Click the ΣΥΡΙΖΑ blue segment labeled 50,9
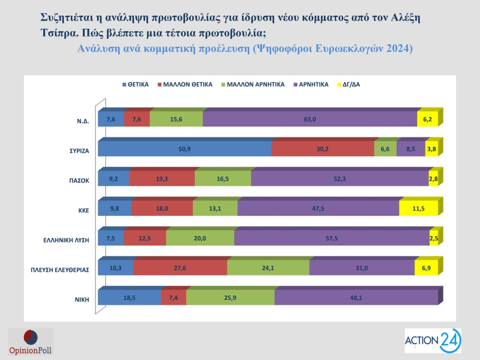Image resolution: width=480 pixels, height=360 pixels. pyautogui.click(x=184, y=149)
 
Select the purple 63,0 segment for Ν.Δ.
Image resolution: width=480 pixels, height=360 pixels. pyautogui.click(x=310, y=119)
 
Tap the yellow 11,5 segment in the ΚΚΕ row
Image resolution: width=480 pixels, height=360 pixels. pyautogui.click(x=418, y=208)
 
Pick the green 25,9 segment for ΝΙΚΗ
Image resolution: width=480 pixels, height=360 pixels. pyautogui.click(x=230, y=297)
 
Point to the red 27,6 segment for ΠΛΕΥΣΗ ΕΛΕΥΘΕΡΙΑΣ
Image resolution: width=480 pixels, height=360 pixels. pyautogui.click(x=180, y=268)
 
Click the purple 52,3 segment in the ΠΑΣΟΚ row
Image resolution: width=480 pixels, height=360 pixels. pyautogui.click(x=340, y=178)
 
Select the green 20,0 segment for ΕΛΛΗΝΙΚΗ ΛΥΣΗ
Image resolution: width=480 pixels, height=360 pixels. pyautogui.click(x=200, y=238)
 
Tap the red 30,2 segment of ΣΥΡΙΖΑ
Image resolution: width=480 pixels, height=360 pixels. pyautogui.click(x=322, y=149)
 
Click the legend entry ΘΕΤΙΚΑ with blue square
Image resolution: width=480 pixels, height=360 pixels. pyautogui.click(x=136, y=85)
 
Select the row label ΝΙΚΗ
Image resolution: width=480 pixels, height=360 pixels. pyautogui.click(x=81, y=299)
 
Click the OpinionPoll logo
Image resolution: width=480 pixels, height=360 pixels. pyautogui.click(x=30, y=342)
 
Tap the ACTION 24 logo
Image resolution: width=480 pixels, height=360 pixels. pyautogui.click(x=433, y=341)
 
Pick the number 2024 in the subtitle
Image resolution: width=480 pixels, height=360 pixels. pyautogui.click(x=400, y=49)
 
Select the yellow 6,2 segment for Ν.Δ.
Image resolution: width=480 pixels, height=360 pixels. pyautogui.click(x=427, y=119)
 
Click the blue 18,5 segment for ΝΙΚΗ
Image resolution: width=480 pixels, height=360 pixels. pyautogui.click(x=129, y=297)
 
